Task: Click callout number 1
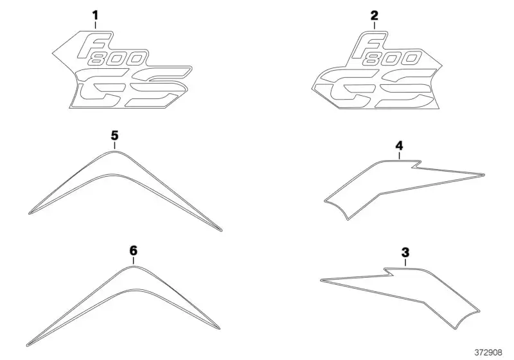[95, 15]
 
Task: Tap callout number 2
[375, 15]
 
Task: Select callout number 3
[405, 253]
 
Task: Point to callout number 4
[399, 145]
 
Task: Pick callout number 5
[115, 136]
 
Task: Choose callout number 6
[134, 251]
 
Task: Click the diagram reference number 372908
[488, 352]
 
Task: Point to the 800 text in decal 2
[393, 59]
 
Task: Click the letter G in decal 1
[98, 88]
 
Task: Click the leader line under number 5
[115, 145]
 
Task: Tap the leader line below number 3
[405, 263]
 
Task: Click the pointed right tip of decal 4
[484, 174]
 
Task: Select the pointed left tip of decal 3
[321, 280]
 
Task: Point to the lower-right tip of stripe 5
[222, 231]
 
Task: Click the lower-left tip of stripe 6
[27, 345]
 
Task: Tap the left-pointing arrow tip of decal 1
[53, 53]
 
